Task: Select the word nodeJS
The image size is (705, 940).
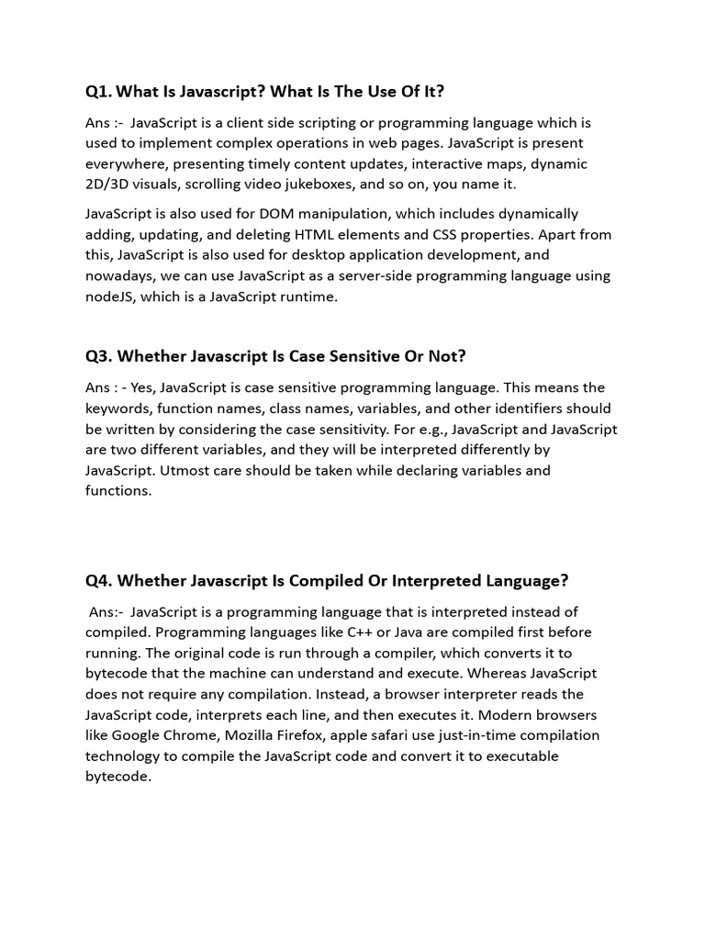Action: [x=111, y=297]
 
